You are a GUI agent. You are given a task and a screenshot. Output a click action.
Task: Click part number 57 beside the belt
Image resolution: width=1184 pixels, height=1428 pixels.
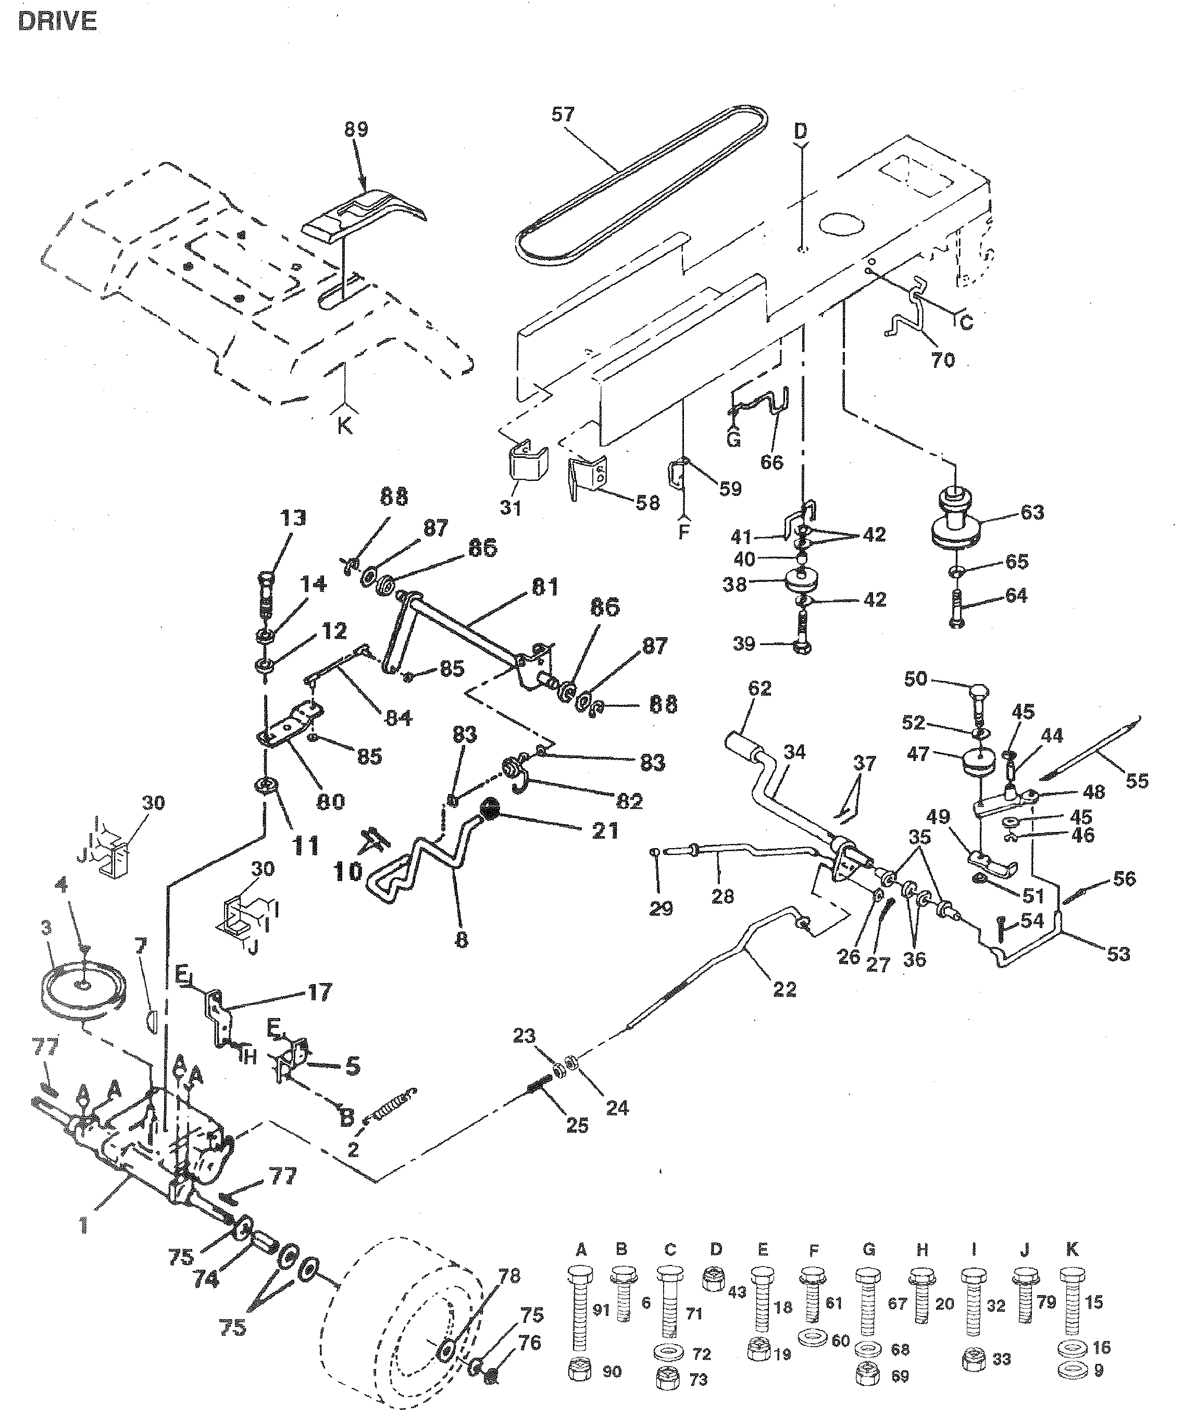563,114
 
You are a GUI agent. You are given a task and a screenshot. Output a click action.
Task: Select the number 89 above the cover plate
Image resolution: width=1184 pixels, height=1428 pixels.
356,129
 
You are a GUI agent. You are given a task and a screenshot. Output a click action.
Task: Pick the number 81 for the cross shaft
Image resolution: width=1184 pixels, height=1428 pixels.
545,587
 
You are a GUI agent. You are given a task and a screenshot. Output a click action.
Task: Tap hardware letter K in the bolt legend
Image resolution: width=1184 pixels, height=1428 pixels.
1073,1249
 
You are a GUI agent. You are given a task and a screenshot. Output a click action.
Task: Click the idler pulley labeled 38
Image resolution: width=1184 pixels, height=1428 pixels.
800,581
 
